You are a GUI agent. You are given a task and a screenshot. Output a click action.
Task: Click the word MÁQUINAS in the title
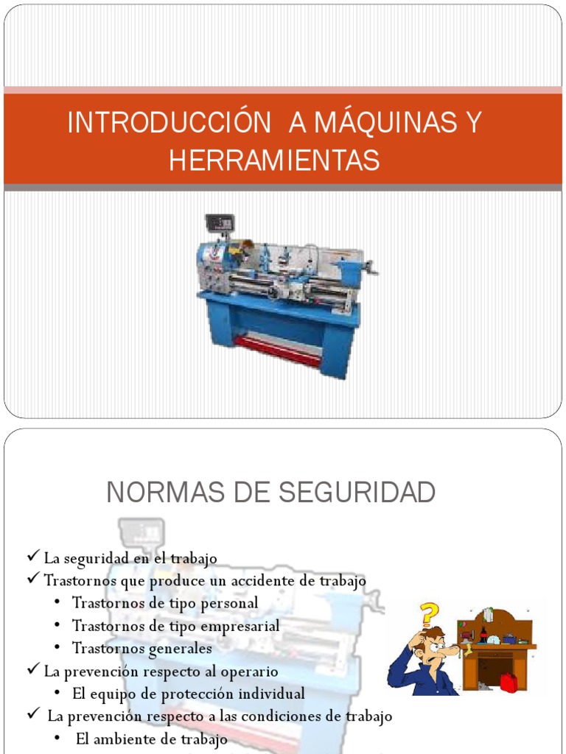coord(387,123)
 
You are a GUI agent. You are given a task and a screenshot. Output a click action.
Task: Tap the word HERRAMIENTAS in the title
coord(274,160)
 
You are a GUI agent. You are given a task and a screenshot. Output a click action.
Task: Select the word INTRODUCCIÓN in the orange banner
coord(169,123)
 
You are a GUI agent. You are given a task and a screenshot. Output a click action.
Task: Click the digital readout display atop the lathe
coord(219,222)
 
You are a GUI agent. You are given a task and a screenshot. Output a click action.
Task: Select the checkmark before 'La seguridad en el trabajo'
coord(34,557)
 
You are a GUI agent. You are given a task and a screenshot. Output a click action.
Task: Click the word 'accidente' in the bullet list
coord(265,581)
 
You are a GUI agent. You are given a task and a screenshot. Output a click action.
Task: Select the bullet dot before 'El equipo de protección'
coord(57,694)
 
